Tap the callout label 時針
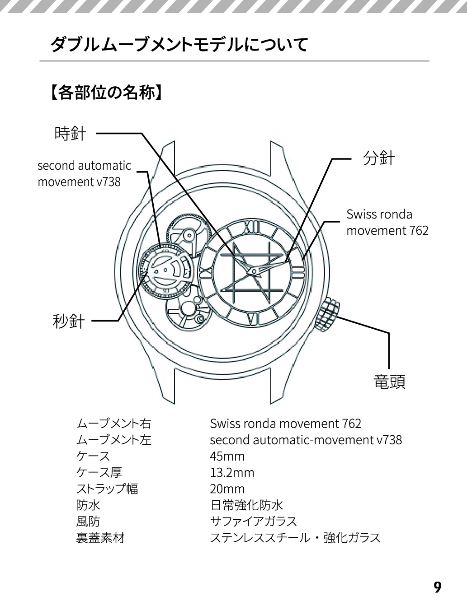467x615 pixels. click(x=70, y=134)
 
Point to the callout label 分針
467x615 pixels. click(x=379, y=158)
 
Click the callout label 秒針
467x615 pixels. click(x=69, y=321)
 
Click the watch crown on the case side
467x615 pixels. click(x=330, y=315)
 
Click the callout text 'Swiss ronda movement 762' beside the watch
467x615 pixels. click(x=387, y=222)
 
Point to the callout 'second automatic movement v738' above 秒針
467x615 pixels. click(x=84, y=173)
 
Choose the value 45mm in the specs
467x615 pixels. click(x=227, y=456)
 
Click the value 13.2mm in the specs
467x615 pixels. click(x=232, y=473)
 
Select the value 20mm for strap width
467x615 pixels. click(x=227, y=489)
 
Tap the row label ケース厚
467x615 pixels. click(x=99, y=473)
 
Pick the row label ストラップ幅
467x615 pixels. click(x=107, y=489)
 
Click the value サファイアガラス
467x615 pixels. click(x=253, y=522)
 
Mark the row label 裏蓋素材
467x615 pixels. click(x=100, y=538)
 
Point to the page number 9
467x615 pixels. click(x=437, y=587)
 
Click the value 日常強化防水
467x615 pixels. click(x=246, y=505)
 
